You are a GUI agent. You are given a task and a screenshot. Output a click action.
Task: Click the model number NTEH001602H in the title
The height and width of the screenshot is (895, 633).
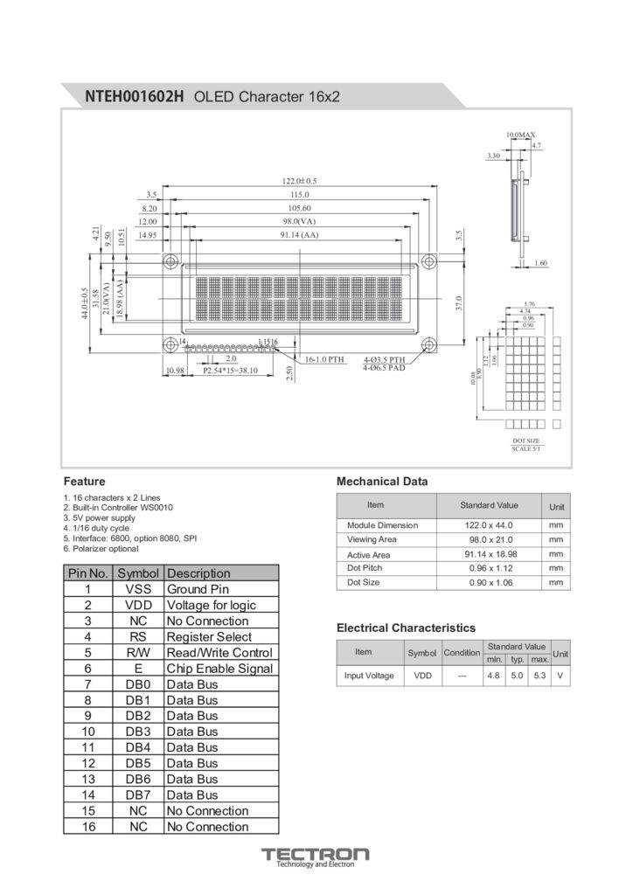135,97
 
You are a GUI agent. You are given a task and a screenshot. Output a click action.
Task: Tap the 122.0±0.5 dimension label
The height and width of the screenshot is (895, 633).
300,181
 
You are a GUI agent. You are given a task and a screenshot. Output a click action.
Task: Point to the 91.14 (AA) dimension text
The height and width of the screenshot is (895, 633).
299,234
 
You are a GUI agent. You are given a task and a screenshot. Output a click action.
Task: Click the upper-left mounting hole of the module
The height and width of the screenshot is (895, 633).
170,261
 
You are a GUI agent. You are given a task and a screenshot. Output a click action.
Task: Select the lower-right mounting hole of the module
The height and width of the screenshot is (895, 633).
428,344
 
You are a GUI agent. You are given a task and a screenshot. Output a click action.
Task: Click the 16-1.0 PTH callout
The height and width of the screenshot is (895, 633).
324,359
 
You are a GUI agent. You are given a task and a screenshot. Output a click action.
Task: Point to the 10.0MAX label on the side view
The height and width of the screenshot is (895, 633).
521,135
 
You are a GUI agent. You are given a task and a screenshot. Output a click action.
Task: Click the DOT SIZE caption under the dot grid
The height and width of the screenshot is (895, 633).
526,441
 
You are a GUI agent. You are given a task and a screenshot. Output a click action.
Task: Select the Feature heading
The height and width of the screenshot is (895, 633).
84,481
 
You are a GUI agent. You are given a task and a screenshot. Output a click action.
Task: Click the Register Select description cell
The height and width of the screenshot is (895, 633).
209,636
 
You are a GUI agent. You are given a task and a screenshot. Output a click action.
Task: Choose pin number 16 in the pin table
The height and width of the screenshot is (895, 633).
88,826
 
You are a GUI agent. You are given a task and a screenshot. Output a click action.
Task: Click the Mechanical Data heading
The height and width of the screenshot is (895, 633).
382,481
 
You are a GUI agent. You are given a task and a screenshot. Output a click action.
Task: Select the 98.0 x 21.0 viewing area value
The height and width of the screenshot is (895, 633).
489,539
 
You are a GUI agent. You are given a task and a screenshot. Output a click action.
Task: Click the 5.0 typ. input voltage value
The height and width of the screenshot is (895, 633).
517,676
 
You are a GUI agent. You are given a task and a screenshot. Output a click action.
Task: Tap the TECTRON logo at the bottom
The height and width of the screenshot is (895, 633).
316,854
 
